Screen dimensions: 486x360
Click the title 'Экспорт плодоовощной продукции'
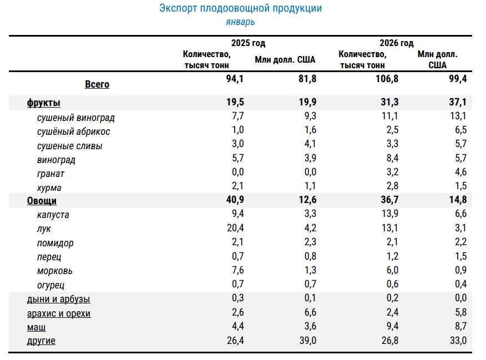point(241,8)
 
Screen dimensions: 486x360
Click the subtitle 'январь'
point(240,22)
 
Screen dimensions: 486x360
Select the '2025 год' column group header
point(248,43)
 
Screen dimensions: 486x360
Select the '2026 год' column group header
point(397,43)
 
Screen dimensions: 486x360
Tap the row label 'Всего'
point(97,84)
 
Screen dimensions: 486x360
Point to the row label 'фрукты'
point(44,103)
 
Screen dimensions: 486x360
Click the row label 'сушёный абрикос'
point(73,131)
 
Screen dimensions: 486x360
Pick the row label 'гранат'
point(50,174)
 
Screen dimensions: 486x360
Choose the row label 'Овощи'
point(42,201)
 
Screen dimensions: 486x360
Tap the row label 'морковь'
point(54,271)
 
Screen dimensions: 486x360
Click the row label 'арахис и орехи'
point(59,313)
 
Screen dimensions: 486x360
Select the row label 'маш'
point(36,327)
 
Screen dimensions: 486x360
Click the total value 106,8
point(387,79)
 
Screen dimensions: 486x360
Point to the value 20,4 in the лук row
point(235,228)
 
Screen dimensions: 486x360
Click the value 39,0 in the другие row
point(308,341)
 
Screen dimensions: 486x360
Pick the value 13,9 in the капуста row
point(390,214)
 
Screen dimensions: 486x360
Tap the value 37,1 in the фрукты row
point(458,102)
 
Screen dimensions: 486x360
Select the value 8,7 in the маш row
point(460,326)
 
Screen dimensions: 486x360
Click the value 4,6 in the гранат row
point(460,172)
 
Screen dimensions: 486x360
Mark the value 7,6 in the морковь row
point(238,270)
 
